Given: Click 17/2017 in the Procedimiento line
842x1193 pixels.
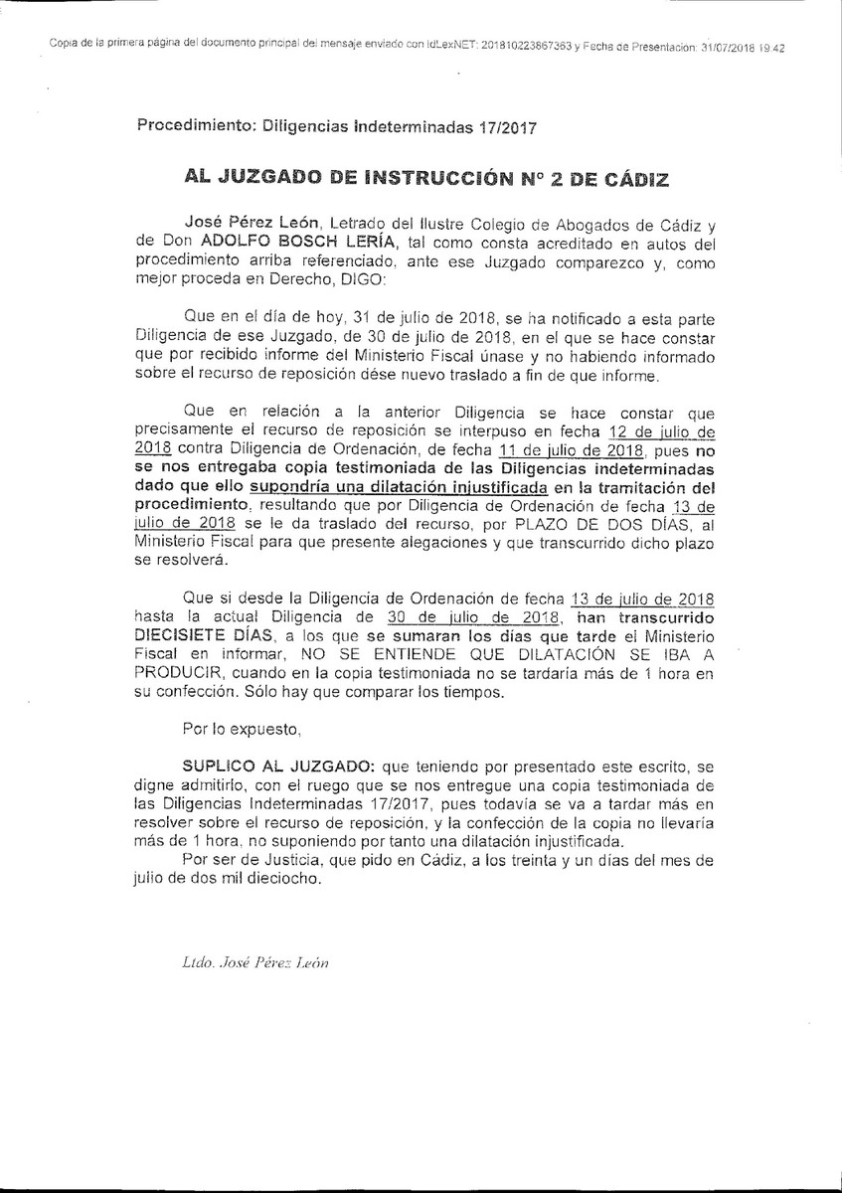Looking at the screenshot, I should coord(510,126).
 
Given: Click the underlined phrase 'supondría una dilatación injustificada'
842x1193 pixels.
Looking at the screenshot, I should coord(399,488).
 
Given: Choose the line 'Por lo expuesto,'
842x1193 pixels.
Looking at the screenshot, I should coord(242,730).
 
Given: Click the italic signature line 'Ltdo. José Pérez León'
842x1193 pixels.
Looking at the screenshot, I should coord(254,963).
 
